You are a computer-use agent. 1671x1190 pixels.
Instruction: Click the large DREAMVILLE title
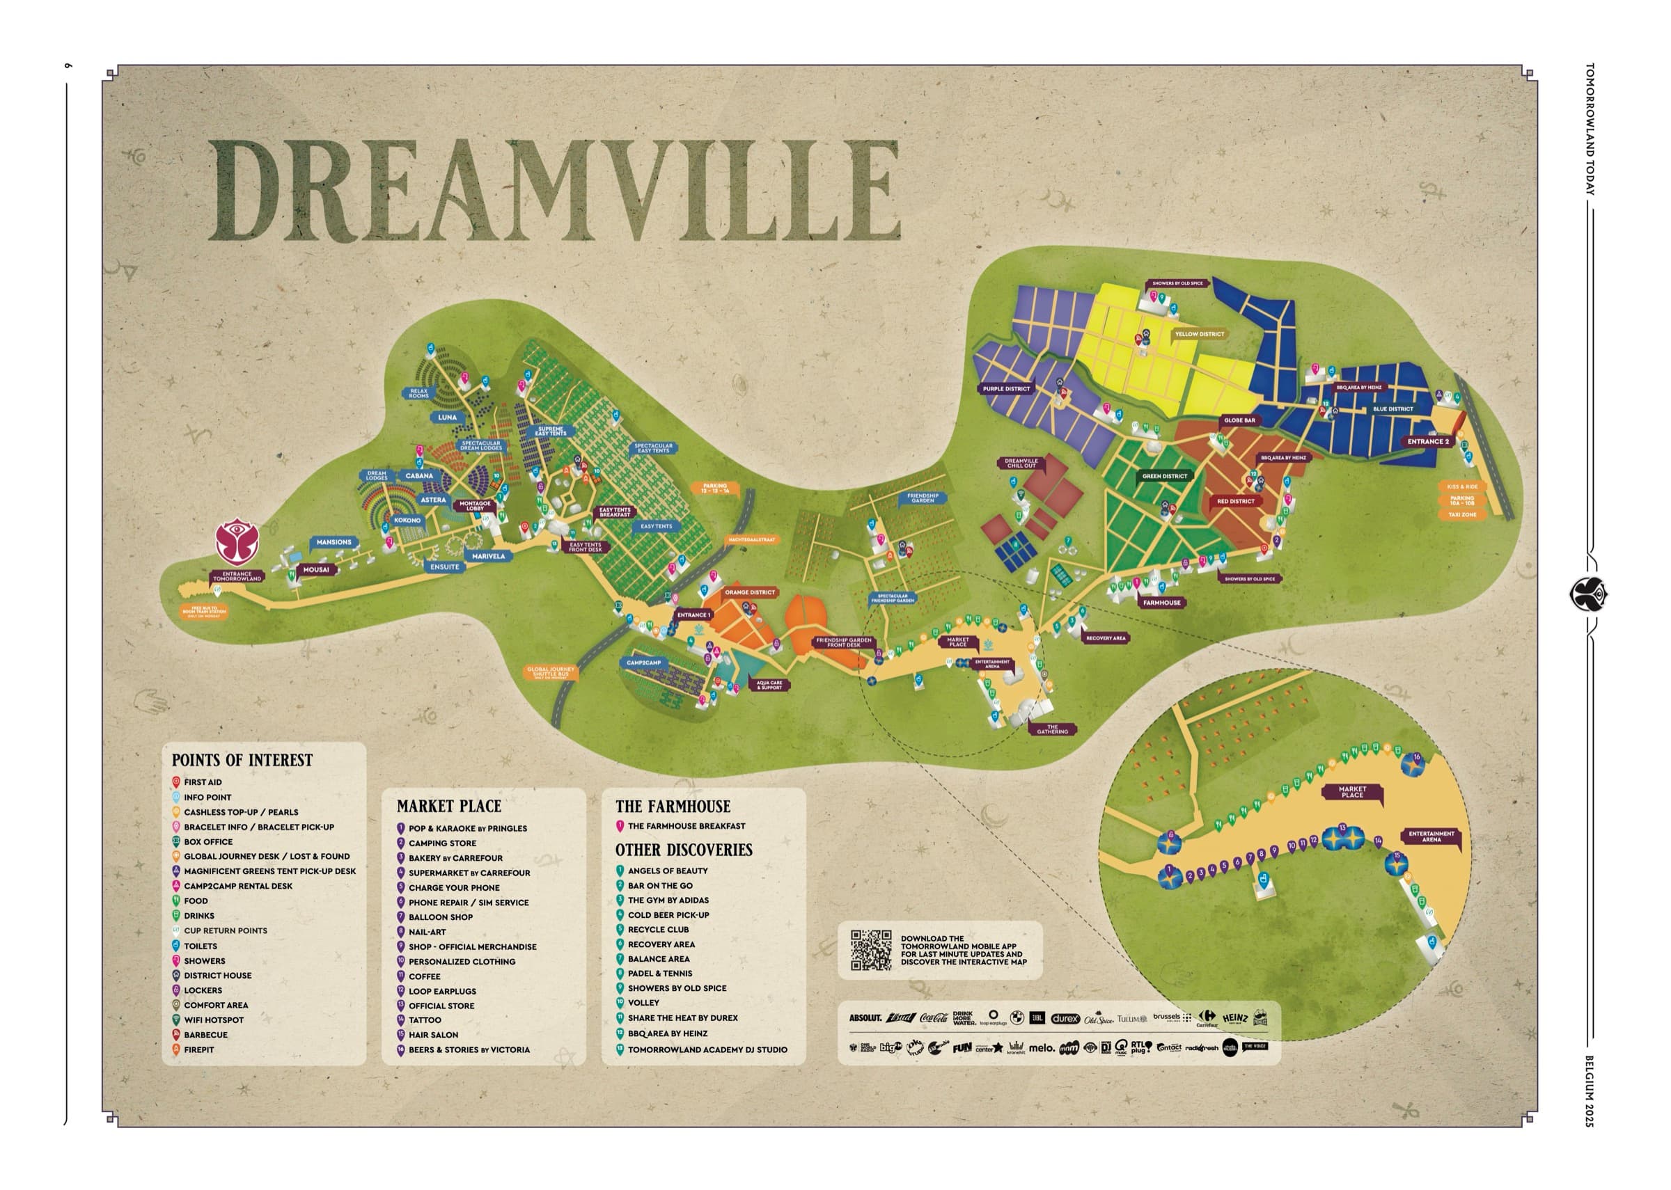(555, 190)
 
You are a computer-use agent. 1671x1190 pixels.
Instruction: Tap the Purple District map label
(1006, 389)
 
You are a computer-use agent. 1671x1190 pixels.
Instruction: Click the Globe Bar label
(1239, 420)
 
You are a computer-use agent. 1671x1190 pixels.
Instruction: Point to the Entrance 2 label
(1428, 441)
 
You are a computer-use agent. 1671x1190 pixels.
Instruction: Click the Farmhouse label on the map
(1161, 603)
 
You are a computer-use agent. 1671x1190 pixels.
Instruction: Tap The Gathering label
(1053, 729)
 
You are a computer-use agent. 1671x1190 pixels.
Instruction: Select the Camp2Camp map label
(643, 663)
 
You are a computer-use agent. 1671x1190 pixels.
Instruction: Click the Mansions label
(334, 542)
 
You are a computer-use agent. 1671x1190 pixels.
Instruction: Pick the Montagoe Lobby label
(475, 506)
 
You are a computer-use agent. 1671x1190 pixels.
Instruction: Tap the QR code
(871, 951)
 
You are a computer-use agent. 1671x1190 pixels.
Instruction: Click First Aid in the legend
(203, 783)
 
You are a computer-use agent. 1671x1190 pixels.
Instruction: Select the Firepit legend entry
(198, 1049)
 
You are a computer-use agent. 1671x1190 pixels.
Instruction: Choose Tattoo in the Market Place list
(425, 1020)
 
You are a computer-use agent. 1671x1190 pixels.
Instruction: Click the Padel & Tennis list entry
(659, 973)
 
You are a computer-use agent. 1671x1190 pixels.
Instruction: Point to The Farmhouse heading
(673, 806)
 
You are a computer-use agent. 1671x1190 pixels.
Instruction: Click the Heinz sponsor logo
(1235, 1018)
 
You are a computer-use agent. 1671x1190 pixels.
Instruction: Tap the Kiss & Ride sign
(1461, 486)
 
